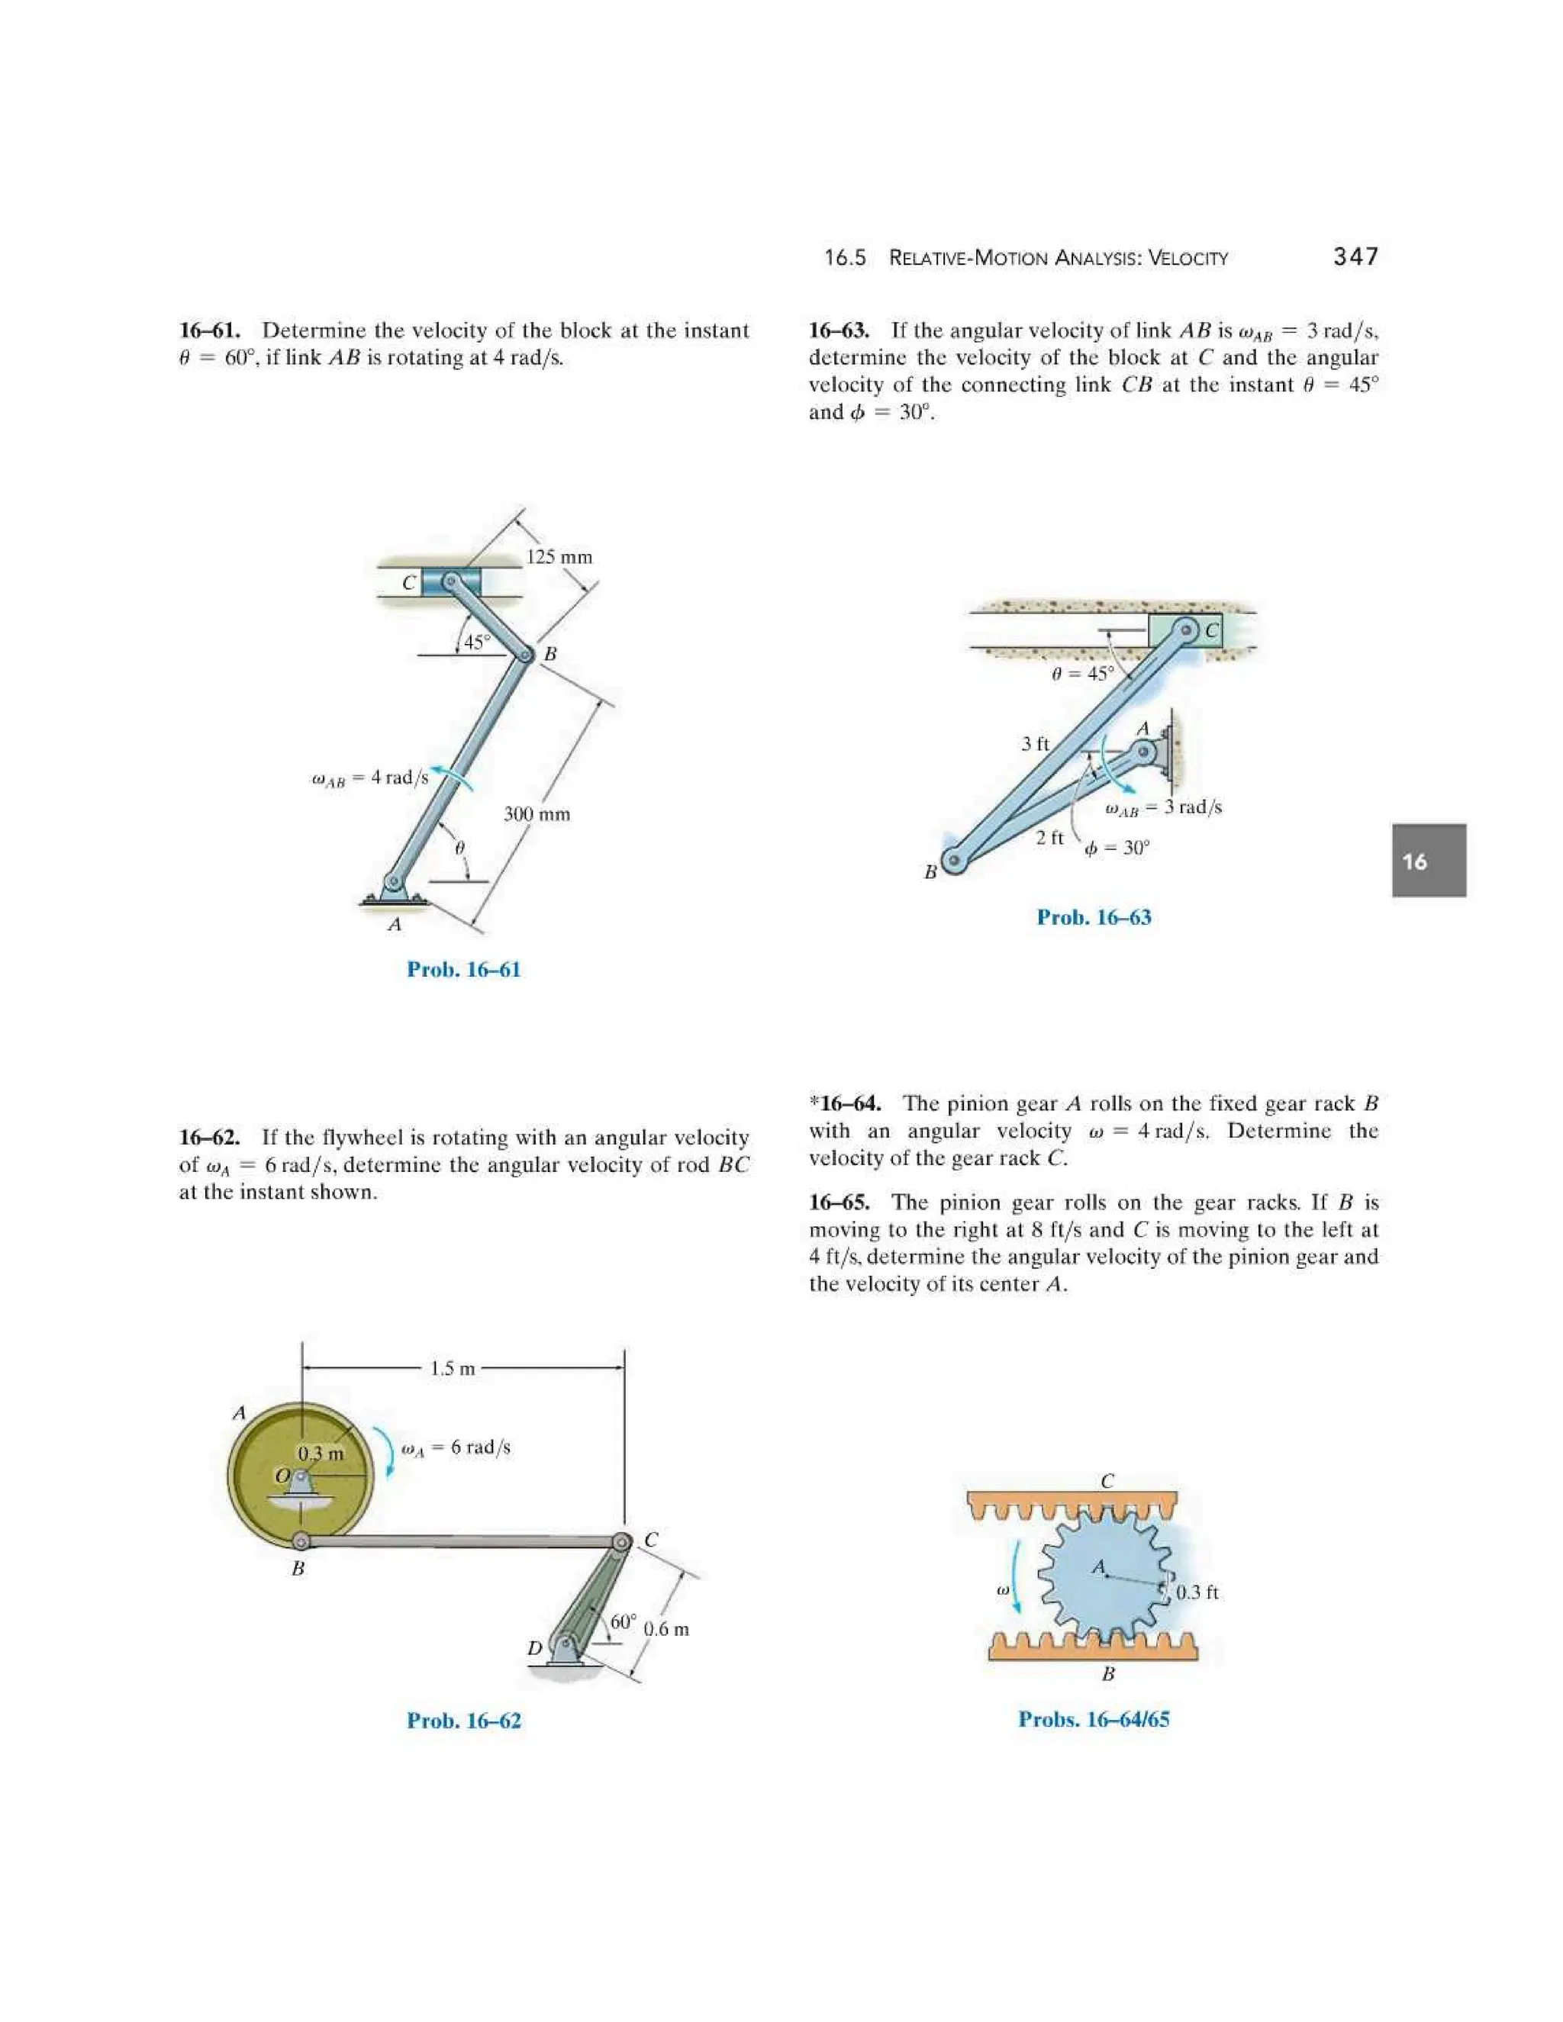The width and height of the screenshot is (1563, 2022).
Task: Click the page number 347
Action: pyautogui.click(x=1355, y=256)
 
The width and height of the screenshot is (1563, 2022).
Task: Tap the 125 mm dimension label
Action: pyautogui.click(x=559, y=556)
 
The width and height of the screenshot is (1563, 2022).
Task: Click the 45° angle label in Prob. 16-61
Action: pyautogui.click(x=477, y=642)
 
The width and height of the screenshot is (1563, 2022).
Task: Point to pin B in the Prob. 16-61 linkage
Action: pyautogui.click(x=525, y=655)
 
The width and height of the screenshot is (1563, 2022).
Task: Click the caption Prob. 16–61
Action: pyautogui.click(x=463, y=969)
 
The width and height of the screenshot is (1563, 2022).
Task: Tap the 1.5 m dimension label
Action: pyautogui.click(x=452, y=1368)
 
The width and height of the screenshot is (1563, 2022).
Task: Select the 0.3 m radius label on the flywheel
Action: pyautogui.click(x=321, y=1454)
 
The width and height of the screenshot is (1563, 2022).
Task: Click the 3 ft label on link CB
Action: pyautogui.click(x=1034, y=743)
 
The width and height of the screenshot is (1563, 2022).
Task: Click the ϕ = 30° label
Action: pyautogui.click(x=1117, y=848)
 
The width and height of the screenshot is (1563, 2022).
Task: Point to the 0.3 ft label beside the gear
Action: pyautogui.click(x=1197, y=1592)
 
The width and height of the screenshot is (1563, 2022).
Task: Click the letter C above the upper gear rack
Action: pyautogui.click(x=1107, y=1481)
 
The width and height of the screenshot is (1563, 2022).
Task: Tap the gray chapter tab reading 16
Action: pyautogui.click(x=1428, y=861)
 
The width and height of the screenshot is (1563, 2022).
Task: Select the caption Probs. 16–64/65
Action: pyautogui.click(x=1094, y=1719)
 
